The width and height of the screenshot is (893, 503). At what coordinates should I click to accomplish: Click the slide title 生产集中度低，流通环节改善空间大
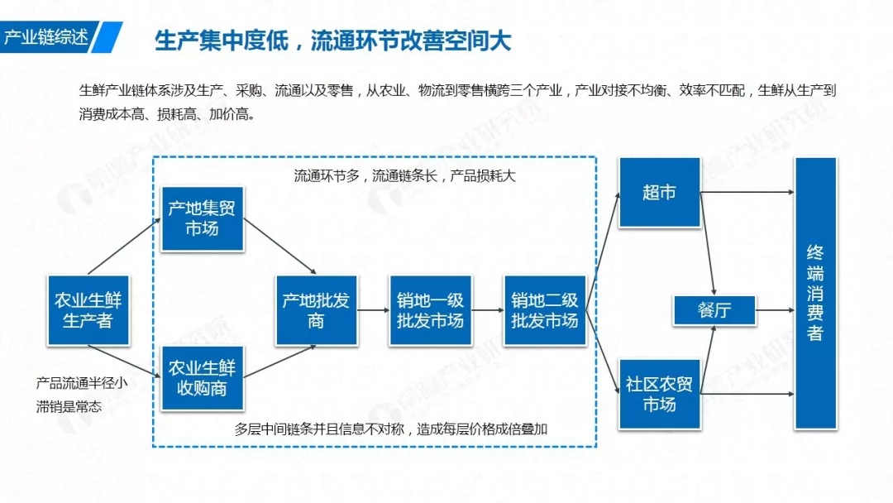332,41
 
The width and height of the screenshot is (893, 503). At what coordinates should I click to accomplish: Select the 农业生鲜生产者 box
88,309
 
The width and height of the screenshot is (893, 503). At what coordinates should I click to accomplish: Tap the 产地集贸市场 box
202,218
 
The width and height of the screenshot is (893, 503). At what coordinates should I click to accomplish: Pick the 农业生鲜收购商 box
202,377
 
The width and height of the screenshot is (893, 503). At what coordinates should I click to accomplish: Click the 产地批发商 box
317,310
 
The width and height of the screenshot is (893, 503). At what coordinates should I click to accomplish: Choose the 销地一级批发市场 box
430,310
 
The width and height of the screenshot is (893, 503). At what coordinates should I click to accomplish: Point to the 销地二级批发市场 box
544,310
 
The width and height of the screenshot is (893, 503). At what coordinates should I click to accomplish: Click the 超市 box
659,193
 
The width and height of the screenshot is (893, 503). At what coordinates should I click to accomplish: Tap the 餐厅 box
714,310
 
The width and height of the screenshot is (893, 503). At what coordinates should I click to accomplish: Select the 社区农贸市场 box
659,394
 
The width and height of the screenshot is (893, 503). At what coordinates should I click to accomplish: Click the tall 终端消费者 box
814,293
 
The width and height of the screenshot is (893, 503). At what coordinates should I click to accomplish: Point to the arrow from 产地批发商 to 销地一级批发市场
373,310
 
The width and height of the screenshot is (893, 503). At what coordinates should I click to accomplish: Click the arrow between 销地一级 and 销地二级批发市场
487,310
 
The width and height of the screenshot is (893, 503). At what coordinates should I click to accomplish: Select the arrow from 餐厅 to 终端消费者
774,310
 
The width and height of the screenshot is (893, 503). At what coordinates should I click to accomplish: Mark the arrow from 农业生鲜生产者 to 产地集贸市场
124,247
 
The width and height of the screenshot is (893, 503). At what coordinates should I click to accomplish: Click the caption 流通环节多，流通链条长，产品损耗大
405,175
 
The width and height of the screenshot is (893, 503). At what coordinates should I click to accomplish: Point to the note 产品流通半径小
82,383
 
